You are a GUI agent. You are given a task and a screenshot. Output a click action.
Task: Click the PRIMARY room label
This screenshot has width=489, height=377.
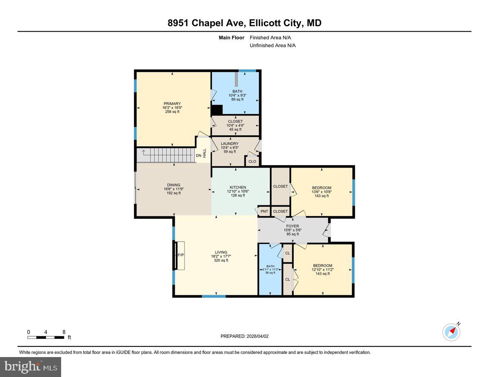pos(173,104)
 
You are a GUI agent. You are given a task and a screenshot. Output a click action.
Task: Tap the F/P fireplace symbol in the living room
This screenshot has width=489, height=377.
pos(180,255)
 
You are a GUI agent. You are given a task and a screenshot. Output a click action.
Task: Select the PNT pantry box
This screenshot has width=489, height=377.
pos(264,211)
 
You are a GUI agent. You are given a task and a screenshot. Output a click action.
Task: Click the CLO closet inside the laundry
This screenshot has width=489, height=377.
pos(252,161)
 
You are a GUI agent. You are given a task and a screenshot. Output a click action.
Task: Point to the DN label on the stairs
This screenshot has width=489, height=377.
pos(198,155)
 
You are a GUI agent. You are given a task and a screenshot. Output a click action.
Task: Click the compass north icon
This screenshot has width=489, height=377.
pos(451,332)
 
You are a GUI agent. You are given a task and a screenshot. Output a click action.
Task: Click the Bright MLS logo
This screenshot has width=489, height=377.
pos(31,367)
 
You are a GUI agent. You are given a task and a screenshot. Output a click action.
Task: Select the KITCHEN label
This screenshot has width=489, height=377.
pos(238,187)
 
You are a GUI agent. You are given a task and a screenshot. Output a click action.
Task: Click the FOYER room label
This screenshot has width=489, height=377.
pos(292,226)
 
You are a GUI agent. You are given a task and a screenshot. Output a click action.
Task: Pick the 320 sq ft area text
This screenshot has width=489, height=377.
pos(221,261)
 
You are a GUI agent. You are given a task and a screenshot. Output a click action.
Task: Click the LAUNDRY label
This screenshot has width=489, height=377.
pos(229,144)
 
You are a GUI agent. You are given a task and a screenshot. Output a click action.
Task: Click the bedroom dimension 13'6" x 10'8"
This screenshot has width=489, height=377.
pos(322,192)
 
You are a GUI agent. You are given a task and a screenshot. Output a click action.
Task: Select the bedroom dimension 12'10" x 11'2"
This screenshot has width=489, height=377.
pos(322,270)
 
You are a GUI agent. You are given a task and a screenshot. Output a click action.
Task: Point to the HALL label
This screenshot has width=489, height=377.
pos(205,153)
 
